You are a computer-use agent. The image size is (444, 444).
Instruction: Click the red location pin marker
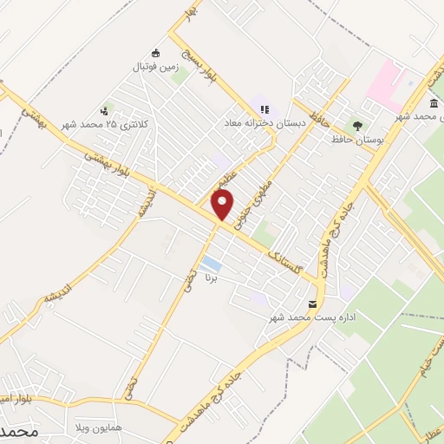pyautogui.click(x=223, y=205)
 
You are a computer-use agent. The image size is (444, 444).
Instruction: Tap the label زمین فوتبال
pyautogui.click(x=153, y=65)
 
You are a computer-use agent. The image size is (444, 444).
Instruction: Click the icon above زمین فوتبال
pyautogui.click(x=155, y=50)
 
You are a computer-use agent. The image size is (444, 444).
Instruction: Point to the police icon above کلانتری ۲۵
pyautogui.click(x=104, y=111)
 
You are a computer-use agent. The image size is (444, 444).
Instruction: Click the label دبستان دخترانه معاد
pyautogui.click(x=264, y=124)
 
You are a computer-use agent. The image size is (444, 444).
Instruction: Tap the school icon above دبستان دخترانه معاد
pyautogui.click(x=264, y=109)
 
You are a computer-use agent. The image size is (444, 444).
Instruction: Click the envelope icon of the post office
pyautogui.click(x=312, y=303)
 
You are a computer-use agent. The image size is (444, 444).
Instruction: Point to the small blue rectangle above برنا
pyautogui.click(x=211, y=263)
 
